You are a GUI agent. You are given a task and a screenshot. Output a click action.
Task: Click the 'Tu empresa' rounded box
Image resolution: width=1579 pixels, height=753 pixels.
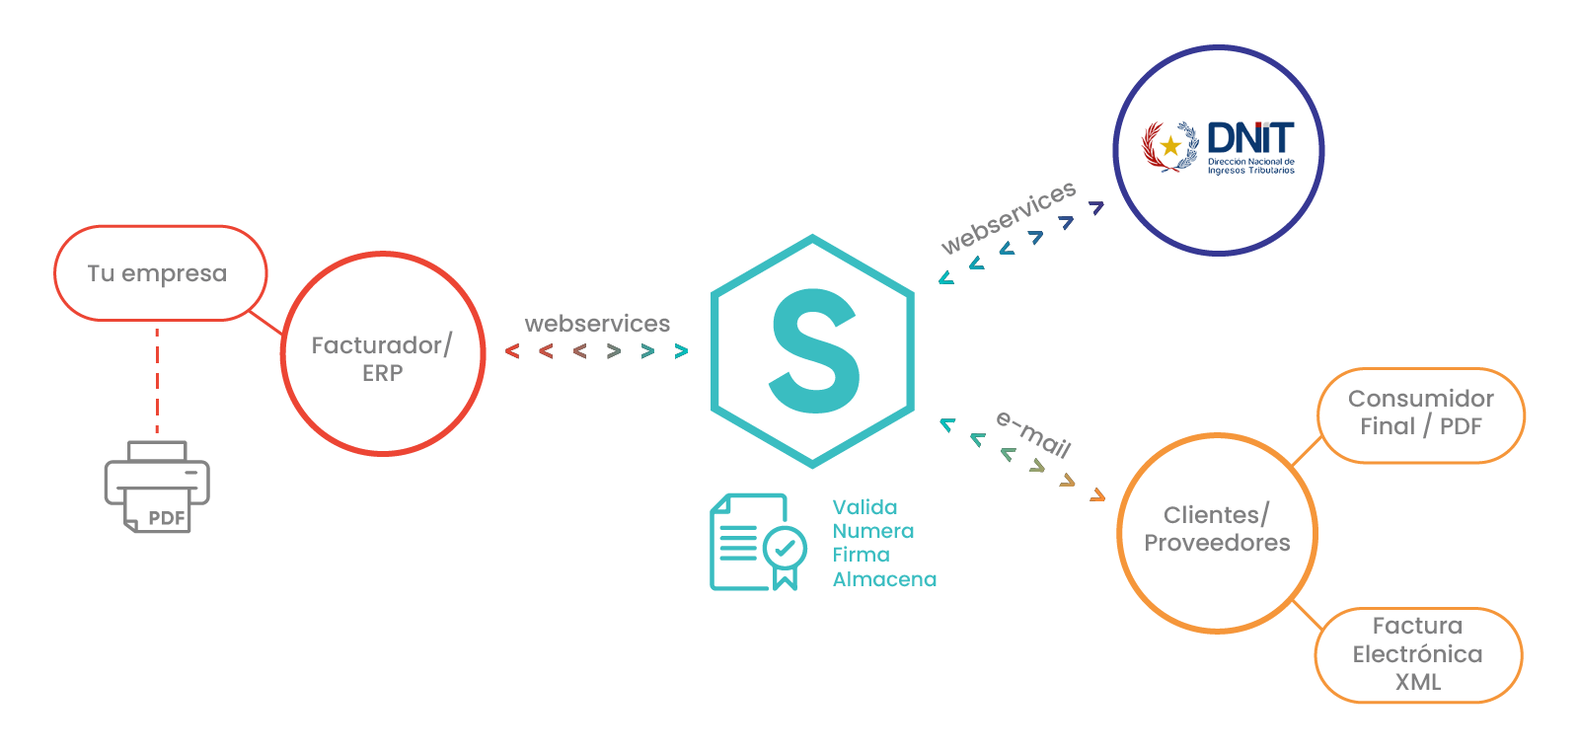[159, 273]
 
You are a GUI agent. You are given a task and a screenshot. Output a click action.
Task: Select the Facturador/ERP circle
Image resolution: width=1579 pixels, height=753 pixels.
[382, 355]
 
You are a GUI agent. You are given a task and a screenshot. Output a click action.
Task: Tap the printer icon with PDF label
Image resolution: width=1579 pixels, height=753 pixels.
[158, 487]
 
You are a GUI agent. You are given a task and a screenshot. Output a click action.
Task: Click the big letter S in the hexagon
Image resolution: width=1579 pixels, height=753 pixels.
[814, 350]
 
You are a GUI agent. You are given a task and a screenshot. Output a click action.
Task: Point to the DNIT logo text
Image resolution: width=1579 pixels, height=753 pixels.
[1250, 138]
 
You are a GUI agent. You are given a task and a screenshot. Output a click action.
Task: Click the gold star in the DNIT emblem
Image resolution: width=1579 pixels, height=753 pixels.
[1170, 147]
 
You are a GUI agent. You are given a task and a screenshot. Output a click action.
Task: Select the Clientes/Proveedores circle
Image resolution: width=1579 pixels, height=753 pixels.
[1217, 530]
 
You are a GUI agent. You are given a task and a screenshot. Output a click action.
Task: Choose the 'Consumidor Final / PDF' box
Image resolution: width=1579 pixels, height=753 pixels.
[1421, 413]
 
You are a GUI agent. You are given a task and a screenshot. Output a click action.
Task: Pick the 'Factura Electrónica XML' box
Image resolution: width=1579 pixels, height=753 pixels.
[1418, 653]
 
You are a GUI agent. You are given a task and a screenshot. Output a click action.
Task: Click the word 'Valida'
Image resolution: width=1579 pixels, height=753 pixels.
[865, 507]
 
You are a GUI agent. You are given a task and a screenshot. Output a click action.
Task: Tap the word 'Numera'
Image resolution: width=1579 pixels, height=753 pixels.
[873, 531]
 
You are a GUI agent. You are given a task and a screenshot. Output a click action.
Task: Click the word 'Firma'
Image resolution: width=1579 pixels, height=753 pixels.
[861, 555]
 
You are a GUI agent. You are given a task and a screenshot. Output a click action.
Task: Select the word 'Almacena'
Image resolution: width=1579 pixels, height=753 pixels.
[884, 579]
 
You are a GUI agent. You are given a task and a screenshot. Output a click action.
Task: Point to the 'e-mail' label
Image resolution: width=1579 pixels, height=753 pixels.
[1033, 434]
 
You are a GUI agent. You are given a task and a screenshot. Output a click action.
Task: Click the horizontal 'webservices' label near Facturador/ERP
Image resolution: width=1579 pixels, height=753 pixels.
[597, 324]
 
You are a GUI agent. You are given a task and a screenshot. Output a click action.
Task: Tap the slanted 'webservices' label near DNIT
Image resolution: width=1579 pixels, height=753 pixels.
[1008, 218]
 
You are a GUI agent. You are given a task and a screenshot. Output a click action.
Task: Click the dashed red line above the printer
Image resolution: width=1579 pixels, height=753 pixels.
[157, 380]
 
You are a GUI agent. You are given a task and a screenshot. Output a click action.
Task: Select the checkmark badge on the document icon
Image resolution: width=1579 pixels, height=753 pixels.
[786, 547]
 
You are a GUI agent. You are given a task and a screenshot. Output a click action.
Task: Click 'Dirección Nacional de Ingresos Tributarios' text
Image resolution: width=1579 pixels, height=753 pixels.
[1251, 166]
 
